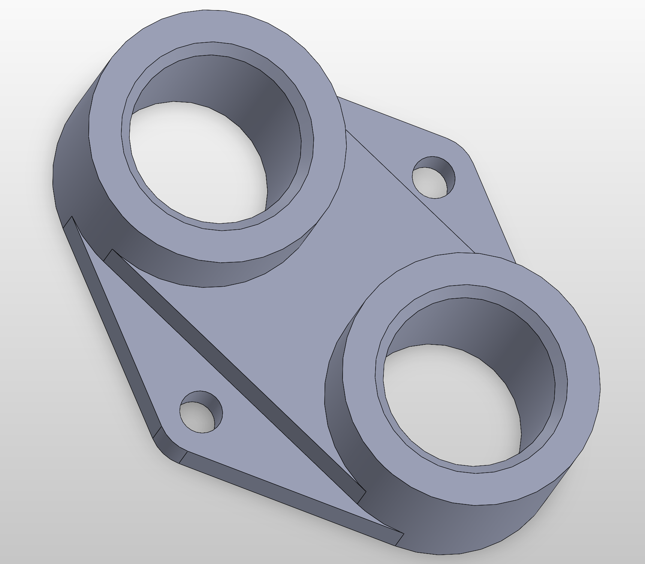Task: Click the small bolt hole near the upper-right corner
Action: pos(431,179)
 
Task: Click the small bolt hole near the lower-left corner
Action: pos(199,414)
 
